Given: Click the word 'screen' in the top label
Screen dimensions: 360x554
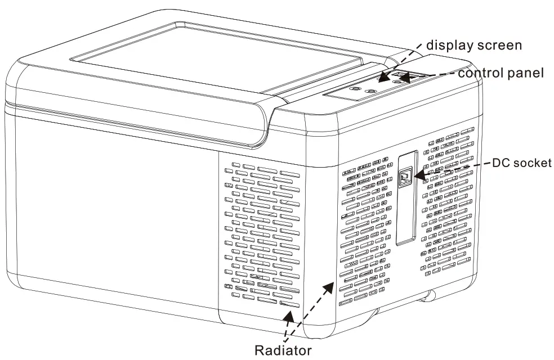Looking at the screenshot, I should tap(501, 44).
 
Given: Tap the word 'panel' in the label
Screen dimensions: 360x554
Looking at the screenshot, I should tap(526, 73).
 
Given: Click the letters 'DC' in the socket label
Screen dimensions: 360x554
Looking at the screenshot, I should tap(501, 164).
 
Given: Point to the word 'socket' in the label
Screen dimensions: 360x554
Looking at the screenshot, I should tap(532, 164).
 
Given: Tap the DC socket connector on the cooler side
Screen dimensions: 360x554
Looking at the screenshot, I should tap(405, 178).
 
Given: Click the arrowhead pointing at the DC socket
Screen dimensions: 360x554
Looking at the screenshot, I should tap(417, 176).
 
